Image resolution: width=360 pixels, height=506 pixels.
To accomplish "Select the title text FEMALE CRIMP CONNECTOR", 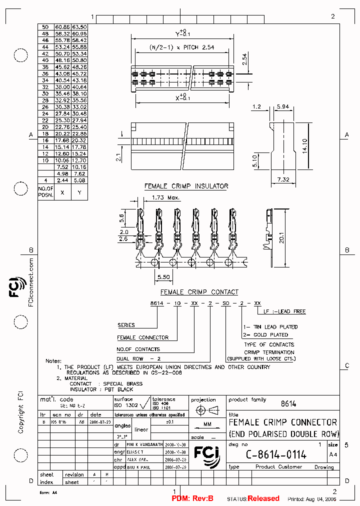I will [283, 422].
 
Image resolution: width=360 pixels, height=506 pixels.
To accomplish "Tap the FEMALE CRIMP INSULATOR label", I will [186, 186].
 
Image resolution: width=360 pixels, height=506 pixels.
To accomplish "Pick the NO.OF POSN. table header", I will [46, 192].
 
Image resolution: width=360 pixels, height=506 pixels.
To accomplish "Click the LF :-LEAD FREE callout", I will [284, 311].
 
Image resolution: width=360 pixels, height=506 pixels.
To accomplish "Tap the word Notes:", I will [53, 360].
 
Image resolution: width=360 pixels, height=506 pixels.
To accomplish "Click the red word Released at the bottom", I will [263, 498].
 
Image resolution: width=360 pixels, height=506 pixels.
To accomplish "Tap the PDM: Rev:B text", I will [192, 498].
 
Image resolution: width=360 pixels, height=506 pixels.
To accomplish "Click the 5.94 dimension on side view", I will [283, 107].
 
